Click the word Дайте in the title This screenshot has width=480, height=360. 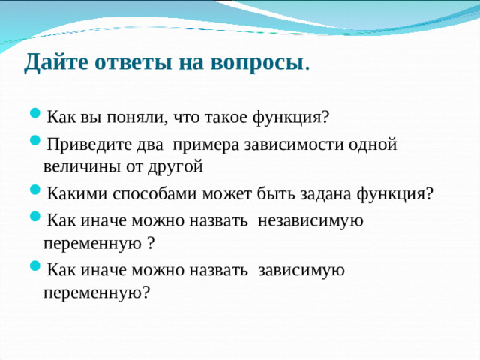click(53, 63)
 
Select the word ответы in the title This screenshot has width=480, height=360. click(130, 63)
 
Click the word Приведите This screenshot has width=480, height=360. click(82, 145)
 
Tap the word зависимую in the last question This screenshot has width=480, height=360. click(301, 269)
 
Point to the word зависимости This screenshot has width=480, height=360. click(295, 145)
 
